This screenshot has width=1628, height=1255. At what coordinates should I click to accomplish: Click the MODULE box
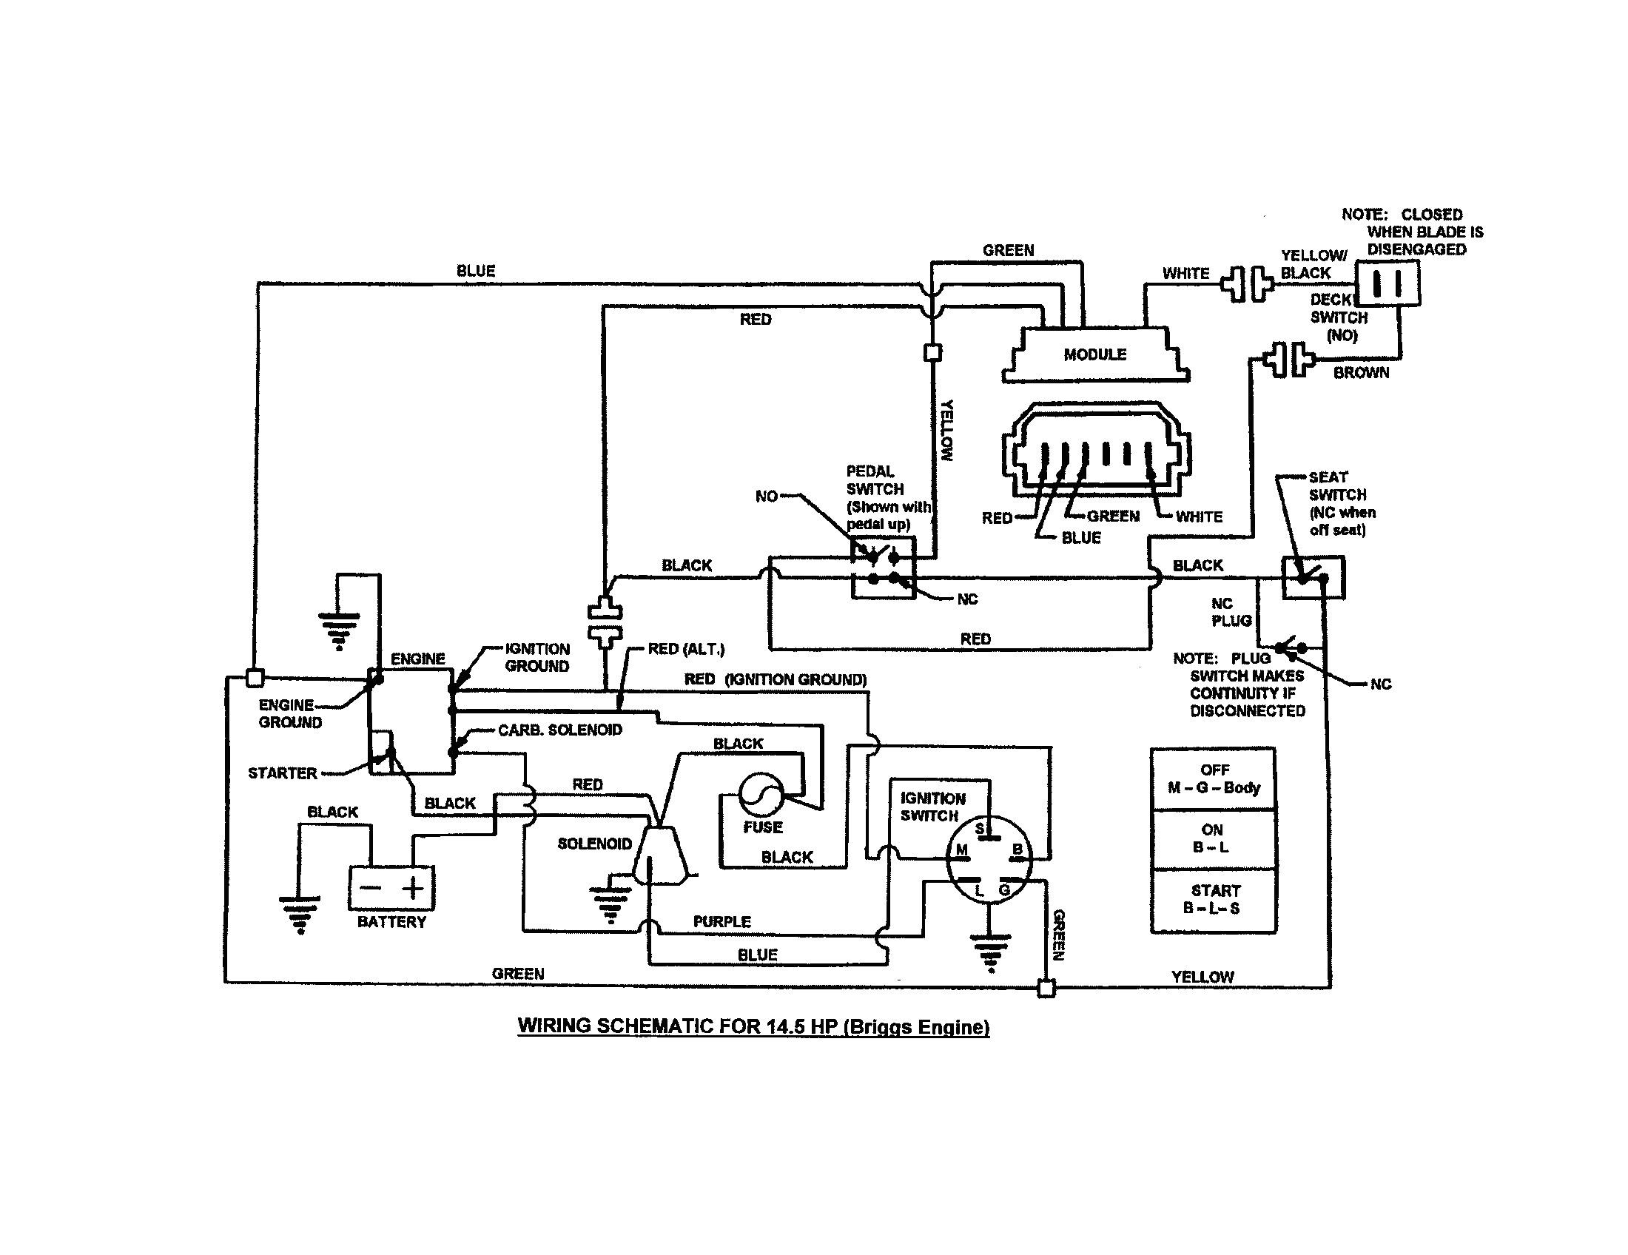coord(1094,354)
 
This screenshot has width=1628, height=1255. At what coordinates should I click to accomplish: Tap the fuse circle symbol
coord(761,795)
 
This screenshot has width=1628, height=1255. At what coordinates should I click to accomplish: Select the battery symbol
coord(391,887)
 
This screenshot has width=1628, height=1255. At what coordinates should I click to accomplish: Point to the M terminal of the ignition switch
coord(961,850)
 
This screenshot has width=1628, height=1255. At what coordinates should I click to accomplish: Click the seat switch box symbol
coord(1313,578)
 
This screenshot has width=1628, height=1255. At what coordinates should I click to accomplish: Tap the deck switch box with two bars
coord(1387,283)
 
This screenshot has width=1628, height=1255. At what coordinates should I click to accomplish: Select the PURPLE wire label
coord(721,922)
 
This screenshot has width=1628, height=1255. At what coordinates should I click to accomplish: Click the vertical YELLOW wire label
coord(946,431)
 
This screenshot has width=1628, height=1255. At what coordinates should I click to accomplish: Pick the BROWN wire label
coord(1361,374)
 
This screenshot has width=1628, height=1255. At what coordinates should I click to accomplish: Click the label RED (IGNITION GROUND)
coord(776,679)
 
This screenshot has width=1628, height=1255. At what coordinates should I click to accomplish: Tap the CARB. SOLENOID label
coord(560,730)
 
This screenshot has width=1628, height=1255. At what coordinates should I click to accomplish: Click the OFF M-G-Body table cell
coord(1214,779)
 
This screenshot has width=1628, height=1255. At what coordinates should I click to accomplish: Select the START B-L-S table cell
coord(1214,900)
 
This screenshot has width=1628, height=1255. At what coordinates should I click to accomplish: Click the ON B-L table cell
coord(1212,839)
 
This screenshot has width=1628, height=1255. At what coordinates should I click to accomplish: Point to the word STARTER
coord(283,773)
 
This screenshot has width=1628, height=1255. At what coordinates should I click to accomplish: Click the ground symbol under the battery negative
coord(300,914)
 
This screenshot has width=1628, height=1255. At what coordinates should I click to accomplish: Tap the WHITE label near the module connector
coord(1199,517)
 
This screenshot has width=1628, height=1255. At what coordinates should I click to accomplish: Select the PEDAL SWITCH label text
coord(875,481)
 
